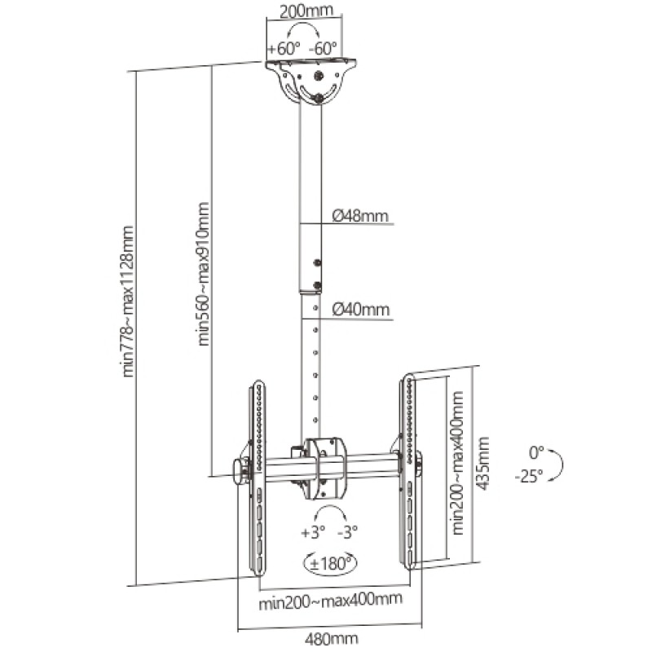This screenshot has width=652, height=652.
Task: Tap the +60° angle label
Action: [283, 48]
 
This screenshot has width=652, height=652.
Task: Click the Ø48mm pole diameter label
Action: [360, 216]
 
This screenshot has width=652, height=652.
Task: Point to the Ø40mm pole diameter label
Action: [361, 309]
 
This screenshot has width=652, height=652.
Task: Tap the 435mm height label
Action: [482, 463]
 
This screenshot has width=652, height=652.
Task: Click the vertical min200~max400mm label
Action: [458, 462]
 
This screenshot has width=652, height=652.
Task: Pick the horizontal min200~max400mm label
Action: [330, 601]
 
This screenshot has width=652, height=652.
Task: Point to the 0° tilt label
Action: [535, 451]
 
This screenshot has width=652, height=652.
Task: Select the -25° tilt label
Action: [529, 477]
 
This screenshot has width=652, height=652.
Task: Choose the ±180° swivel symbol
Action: [330, 562]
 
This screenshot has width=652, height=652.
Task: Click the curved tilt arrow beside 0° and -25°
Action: [559, 465]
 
